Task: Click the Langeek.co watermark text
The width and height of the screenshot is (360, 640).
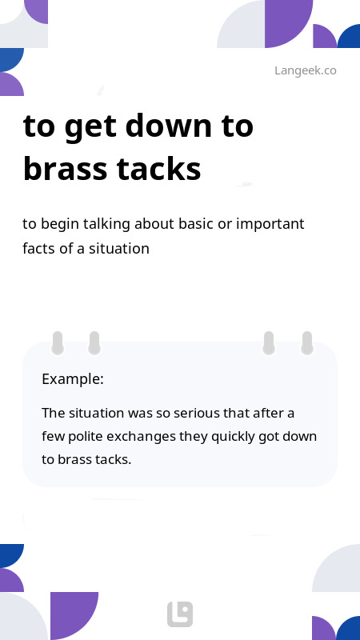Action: click(306, 70)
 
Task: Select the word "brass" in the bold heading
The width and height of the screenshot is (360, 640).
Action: click(66, 168)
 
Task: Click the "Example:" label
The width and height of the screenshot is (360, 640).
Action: click(73, 379)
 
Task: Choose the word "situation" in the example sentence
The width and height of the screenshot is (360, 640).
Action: click(96, 414)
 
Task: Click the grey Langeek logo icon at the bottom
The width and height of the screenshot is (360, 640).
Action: click(180, 614)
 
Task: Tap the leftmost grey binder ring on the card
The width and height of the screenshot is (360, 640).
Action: click(58, 343)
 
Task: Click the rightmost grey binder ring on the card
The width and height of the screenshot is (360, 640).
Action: click(307, 343)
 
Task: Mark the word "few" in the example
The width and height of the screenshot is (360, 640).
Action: click(53, 437)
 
